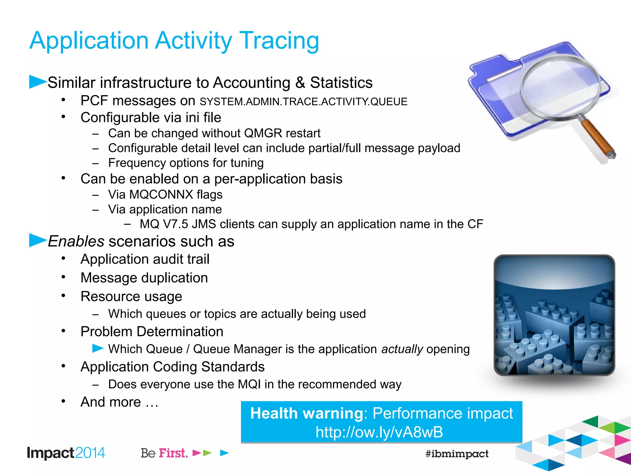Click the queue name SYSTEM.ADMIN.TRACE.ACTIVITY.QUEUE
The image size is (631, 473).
pyautogui.click(x=303, y=102)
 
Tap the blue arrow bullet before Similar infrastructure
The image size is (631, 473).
pyautogui.click(x=37, y=82)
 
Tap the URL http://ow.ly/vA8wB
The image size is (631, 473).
pyautogui.click(x=379, y=432)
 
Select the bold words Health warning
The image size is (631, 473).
pyautogui.click(x=307, y=413)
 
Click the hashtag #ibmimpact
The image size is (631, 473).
pyautogui.click(x=457, y=454)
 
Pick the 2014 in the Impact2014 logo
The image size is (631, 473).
pyautogui.click(x=90, y=453)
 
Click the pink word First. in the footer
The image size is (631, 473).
pyautogui.click(x=173, y=453)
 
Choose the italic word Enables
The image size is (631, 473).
pyautogui.click(x=76, y=241)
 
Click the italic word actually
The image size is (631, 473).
pyautogui.click(x=402, y=349)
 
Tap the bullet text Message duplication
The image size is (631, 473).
pyautogui.click(x=144, y=278)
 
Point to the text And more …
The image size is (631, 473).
pyautogui.click(x=120, y=402)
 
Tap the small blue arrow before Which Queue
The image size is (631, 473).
pyautogui.click(x=98, y=349)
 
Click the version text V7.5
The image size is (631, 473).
pyautogui.click(x=175, y=224)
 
